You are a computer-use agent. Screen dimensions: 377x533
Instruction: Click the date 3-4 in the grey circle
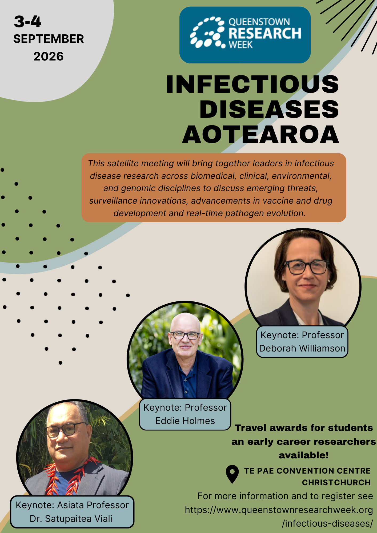[x=28, y=22]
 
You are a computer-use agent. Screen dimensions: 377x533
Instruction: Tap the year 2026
[x=49, y=56]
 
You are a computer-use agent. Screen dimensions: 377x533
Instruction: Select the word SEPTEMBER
[x=49, y=39]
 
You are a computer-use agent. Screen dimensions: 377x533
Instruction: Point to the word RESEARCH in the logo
[x=265, y=33]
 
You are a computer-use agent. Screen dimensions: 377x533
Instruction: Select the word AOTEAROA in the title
[x=260, y=135]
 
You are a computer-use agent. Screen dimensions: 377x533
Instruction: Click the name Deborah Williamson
[x=302, y=348]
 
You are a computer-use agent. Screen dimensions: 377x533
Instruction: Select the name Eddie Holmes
[x=185, y=421]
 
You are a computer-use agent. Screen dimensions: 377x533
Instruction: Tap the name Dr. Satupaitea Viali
[x=71, y=519]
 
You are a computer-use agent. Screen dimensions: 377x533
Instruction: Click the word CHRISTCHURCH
[x=336, y=482]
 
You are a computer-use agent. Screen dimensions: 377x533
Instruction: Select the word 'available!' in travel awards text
[x=304, y=455]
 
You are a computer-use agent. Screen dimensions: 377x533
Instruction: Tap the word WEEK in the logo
[x=240, y=45]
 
